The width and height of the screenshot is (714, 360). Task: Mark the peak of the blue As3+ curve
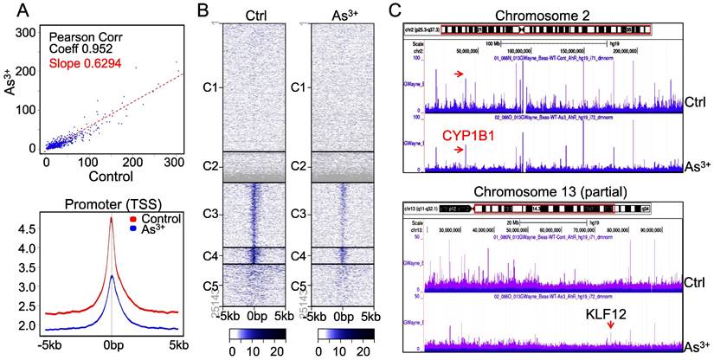[x=111, y=276]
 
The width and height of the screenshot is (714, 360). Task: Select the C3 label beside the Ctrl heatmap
[x=206, y=213]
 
